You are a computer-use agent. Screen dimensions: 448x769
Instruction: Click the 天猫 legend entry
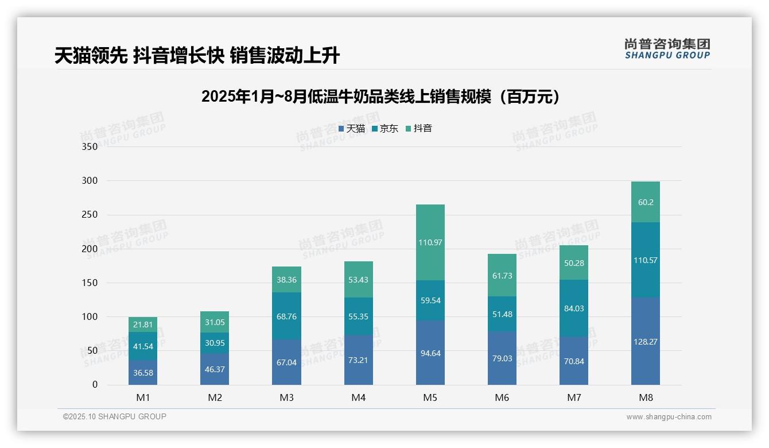pos(352,129)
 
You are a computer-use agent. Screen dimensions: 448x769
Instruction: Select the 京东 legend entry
pos(385,129)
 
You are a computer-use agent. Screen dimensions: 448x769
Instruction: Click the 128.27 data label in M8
pos(646,341)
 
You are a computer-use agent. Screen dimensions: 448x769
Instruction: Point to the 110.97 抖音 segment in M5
pos(430,242)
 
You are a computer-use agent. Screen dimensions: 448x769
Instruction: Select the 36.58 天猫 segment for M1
pos(143,373)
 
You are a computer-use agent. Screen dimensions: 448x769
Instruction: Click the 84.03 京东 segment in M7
pos(574,308)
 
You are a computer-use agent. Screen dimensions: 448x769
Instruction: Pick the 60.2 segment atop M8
pos(646,202)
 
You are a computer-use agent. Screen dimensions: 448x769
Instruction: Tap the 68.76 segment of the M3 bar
pos(286,316)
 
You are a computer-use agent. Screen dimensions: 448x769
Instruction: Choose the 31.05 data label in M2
pos(215,322)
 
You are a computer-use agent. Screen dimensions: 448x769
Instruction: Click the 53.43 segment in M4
pos(359,280)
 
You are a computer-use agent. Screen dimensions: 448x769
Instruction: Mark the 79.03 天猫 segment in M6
pos(502,358)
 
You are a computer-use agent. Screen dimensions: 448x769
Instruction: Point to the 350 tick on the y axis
pos(90,146)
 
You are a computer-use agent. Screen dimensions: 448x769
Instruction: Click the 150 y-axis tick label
pos(90,283)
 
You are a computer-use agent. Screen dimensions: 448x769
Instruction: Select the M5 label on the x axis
pos(430,397)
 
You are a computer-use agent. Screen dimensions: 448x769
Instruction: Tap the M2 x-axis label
pos(215,397)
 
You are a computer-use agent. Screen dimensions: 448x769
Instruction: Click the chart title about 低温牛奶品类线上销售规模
pos(380,96)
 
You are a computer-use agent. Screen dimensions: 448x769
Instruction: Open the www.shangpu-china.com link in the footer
pos(669,417)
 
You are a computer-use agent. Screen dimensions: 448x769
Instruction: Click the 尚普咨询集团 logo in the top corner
pos(667,48)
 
